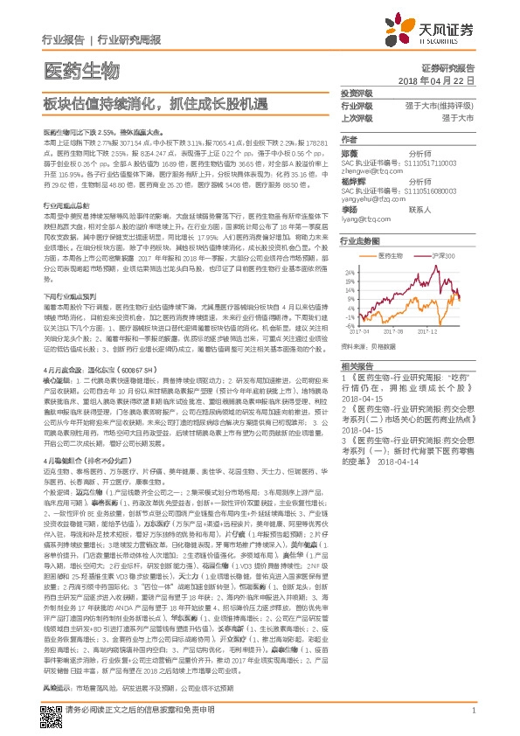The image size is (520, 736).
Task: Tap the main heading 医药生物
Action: pos(80,69)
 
